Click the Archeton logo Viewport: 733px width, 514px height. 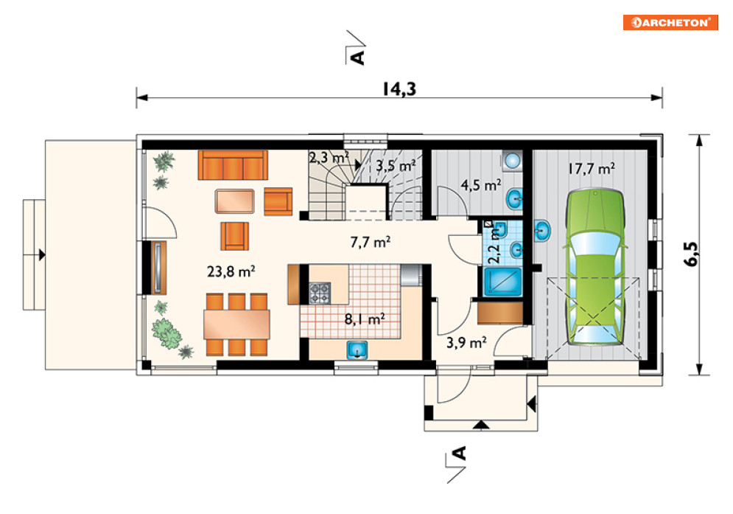(670, 22)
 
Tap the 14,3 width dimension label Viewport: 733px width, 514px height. (399, 88)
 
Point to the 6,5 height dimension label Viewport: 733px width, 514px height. (692, 254)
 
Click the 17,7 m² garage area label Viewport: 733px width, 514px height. (592, 168)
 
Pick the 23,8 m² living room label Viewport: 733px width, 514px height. (231, 271)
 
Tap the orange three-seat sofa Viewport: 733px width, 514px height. (233, 164)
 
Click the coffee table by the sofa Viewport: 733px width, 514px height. (235, 201)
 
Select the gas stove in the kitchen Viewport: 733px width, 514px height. (320, 293)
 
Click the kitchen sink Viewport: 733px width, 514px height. (357, 350)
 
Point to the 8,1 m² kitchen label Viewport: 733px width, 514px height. (365, 319)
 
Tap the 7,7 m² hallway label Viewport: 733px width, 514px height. (371, 242)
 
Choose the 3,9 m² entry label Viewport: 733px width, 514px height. (466, 342)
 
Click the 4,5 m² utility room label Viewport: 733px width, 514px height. (481, 185)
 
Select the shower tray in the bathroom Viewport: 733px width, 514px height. (502, 282)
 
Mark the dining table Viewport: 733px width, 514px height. (236, 324)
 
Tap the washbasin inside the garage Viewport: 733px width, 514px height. (542, 230)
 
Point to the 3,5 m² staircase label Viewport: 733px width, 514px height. (396, 166)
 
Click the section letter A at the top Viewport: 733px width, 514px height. (357, 57)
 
